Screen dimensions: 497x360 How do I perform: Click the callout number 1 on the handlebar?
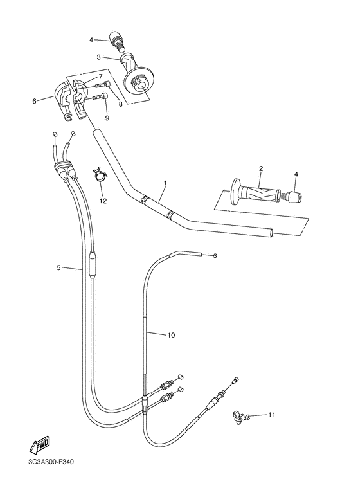[x=165, y=183]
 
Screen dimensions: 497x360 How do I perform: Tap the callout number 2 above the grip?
[x=261, y=169]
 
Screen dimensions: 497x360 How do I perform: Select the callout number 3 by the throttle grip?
[x=99, y=57]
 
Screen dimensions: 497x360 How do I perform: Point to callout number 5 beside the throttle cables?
[x=58, y=267]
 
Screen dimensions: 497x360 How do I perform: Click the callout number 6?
[x=35, y=100]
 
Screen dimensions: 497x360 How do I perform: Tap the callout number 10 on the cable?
[x=171, y=335]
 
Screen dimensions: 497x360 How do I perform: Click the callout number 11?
[x=271, y=415]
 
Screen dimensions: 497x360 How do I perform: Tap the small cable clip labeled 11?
[x=240, y=418]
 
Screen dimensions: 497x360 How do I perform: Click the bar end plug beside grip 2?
[x=294, y=195]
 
